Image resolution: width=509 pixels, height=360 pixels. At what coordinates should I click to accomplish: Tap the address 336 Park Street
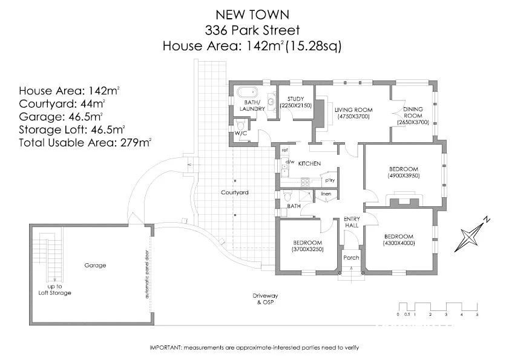click(252, 29)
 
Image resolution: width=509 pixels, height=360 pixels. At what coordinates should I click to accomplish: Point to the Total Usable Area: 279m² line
click(85, 143)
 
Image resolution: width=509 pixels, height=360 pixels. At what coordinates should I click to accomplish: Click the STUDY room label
click(296, 99)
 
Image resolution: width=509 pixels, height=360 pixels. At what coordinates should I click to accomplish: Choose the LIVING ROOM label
click(353, 110)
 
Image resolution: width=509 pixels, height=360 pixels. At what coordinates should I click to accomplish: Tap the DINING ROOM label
click(413, 112)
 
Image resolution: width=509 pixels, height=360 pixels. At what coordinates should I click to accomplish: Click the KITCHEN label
click(309, 163)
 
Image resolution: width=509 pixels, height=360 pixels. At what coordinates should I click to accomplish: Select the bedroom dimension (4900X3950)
click(404, 175)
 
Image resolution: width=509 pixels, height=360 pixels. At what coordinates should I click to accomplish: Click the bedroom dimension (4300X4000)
click(398, 243)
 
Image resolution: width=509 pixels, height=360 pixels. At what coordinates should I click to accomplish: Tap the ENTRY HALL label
click(351, 221)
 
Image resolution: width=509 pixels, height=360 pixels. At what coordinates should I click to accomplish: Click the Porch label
click(351, 257)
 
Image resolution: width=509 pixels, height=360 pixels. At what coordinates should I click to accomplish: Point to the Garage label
click(95, 265)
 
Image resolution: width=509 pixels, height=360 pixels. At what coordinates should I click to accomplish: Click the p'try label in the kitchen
click(330, 180)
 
